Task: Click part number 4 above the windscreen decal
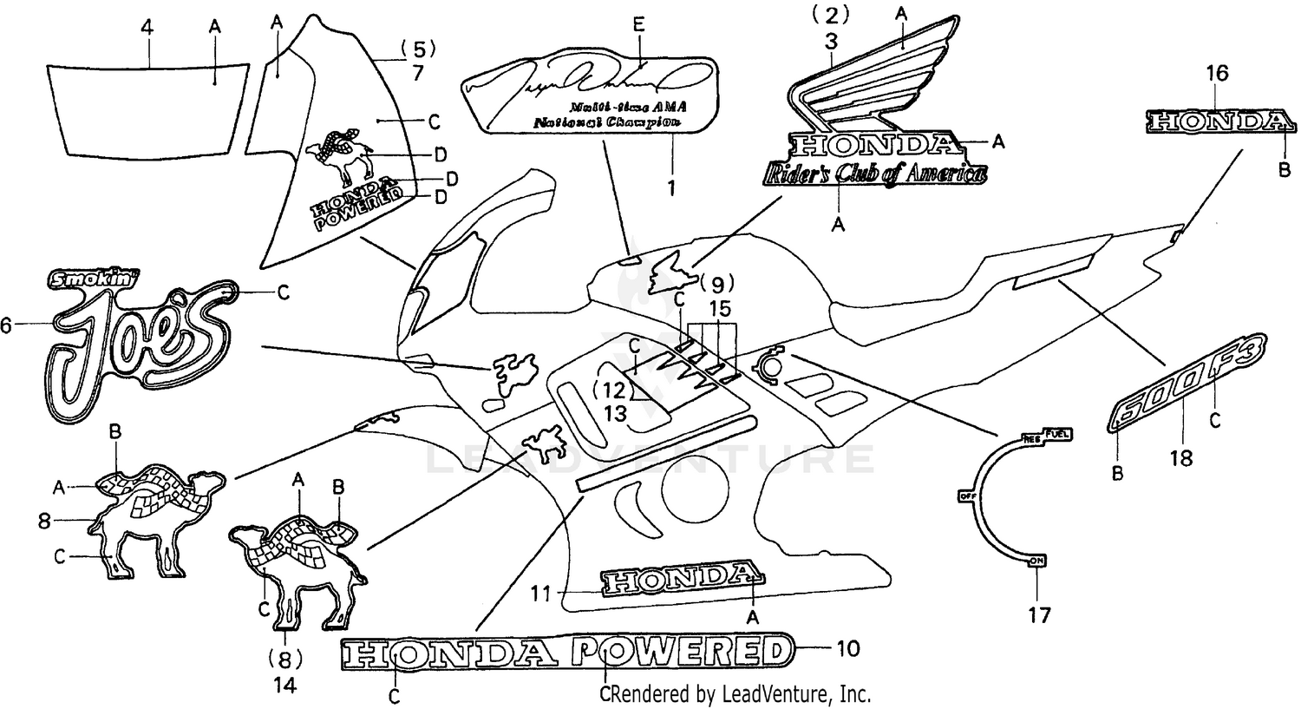click(x=147, y=27)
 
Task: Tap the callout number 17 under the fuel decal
click(x=1038, y=615)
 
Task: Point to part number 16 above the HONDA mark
click(x=1217, y=74)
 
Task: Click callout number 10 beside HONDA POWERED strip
click(x=847, y=647)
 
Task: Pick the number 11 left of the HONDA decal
click(x=541, y=594)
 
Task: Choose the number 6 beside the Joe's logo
click(x=7, y=325)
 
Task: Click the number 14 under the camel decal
click(x=285, y=685)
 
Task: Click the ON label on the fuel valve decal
click(x=1036, y=562)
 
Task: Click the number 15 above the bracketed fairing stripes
click(x=719, y=308)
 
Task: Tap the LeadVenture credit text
click(x=739, y=693)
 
